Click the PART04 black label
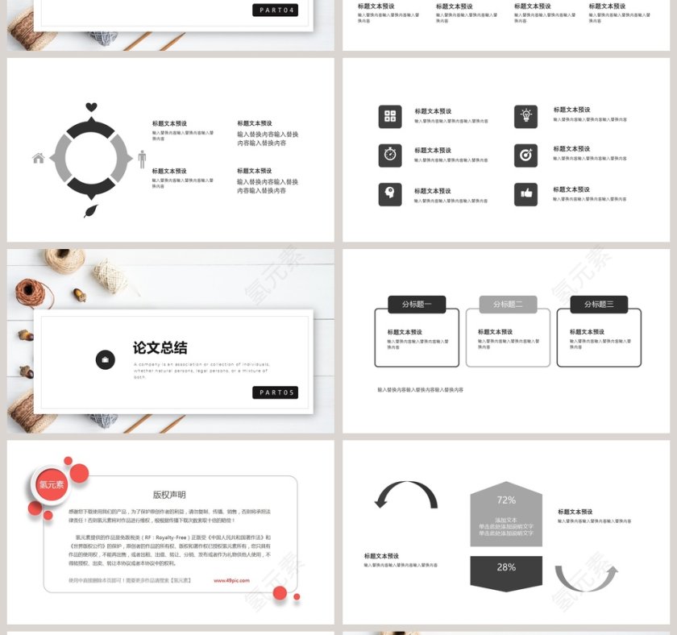(275, 10)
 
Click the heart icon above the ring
(91, 107)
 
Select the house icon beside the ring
(39, 158)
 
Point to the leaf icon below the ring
(91, 210)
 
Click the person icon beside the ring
(142, 159)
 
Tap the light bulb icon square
(525, 116)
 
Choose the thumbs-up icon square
(525, 194)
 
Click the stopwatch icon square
(390, 155)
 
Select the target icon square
(525, 155)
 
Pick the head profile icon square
(390, 194)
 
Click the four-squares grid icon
(390, 116)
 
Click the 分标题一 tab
(417, 305)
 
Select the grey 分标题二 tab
(508, 305)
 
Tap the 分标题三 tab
(599, 305)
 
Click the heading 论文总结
(160, 348)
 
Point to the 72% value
(506, 500)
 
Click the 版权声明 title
(169, 495)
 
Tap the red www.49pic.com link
(231, 580)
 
